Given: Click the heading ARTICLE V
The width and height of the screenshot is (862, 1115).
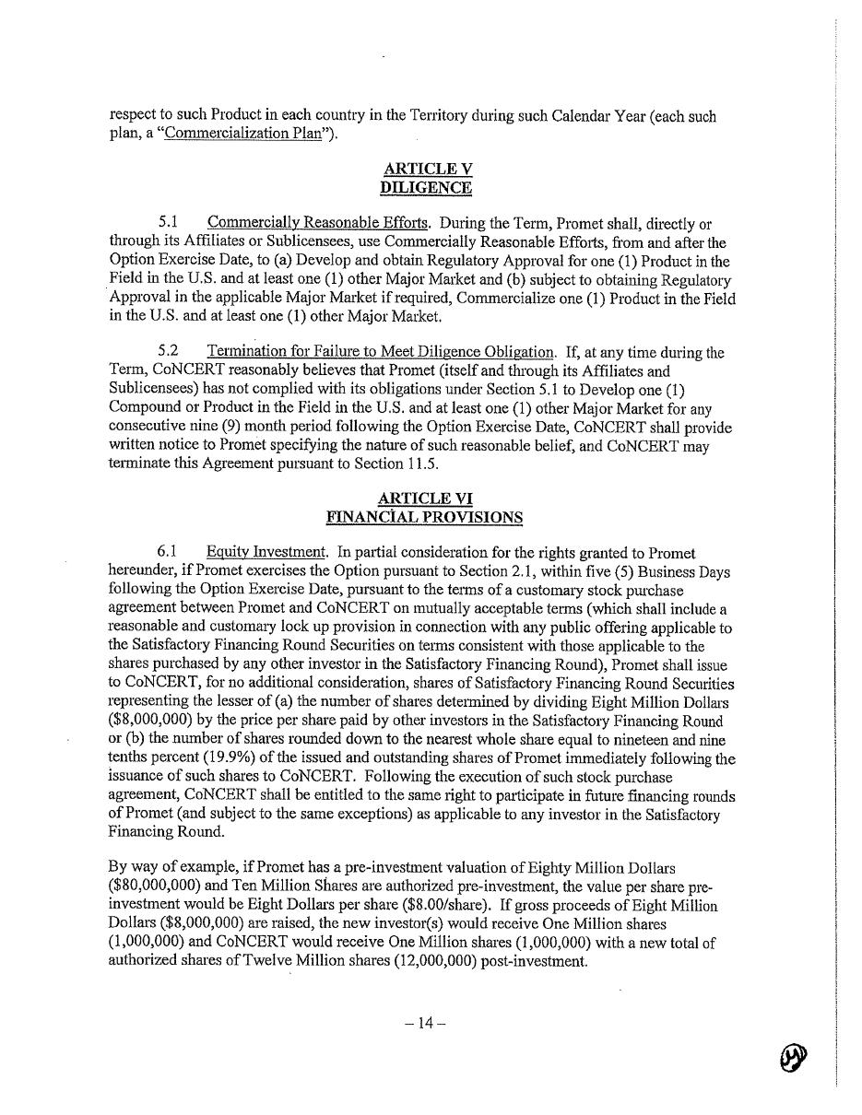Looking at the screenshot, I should pyautogui.click(x=426, y=169).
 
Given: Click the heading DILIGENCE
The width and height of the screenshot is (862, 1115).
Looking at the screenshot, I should pyautogui.click(x=426, y=188).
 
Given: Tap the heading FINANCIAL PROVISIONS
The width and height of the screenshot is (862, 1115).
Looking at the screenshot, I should pyautogui.click(x=425, y=517).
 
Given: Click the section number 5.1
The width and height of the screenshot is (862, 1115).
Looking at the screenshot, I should pyautogui.click(x=168, y=223).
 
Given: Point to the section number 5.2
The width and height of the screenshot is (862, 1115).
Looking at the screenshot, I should pyautogui.click(x=168, y=352).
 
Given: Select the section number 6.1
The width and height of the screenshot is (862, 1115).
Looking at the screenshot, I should pyautogui.click(x=168, y=552).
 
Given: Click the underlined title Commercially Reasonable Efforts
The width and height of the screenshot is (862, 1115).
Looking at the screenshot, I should pyautogui.click(x=318, y=223).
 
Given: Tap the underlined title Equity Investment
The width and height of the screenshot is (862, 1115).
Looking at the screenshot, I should pyautogui.click(x=266, y=552).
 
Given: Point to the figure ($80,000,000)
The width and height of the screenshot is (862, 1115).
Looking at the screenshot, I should pyautogui.click(x=154, y=886).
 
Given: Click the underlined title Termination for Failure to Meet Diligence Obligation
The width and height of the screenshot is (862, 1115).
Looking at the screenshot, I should pyautogui.click(x=382, y=352).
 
